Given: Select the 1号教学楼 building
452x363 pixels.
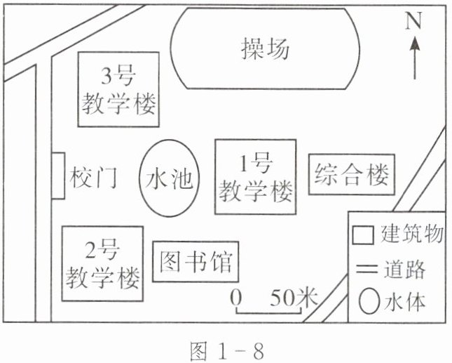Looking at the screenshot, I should tap(254, 176).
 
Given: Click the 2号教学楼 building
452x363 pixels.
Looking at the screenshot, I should tap(102, 263).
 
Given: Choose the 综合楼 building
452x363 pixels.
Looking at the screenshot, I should tap(352, 173).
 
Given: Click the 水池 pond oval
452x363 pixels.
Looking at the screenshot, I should tap(167, 180).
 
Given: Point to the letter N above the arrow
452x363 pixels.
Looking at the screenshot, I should tap(414, 21).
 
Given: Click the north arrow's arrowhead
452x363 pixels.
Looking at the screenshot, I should tap(415, 44).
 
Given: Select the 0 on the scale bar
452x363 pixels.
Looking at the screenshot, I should tap(237, 296).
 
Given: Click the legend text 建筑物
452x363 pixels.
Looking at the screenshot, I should tap(411, 234).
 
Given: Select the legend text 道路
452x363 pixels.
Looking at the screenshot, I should tap(405, 269).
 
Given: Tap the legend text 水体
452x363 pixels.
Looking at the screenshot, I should tap(405, 303).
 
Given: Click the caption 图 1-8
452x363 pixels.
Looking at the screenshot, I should tap(227, 349).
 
